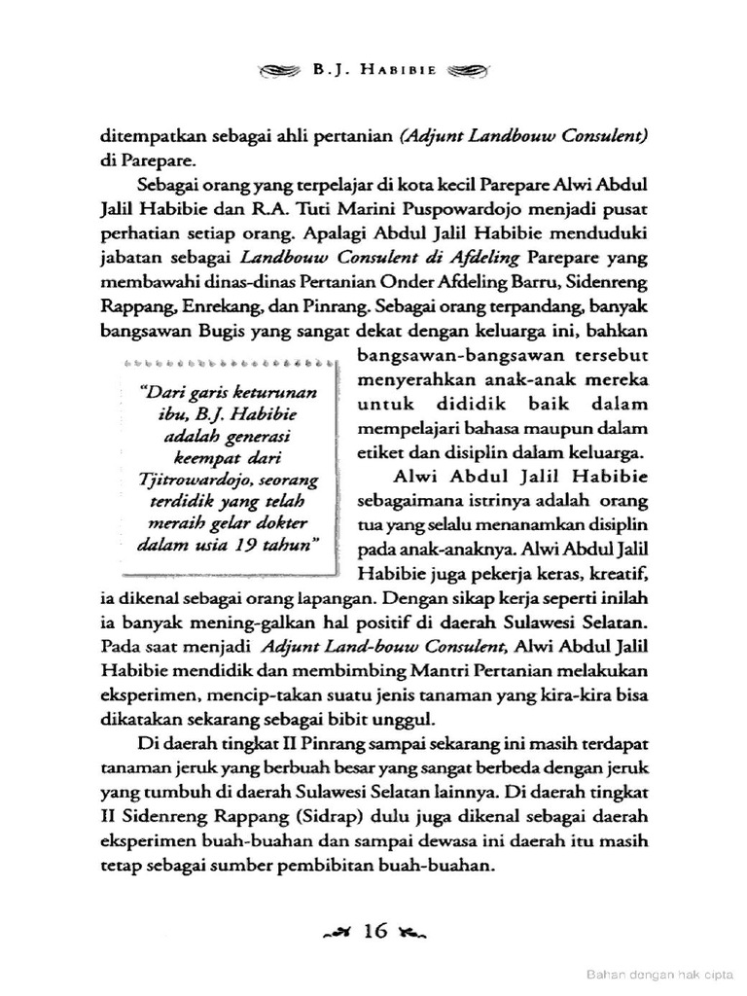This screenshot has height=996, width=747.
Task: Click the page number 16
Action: tap(374, 931)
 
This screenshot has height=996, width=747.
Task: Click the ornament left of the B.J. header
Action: tap(280, 72)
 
